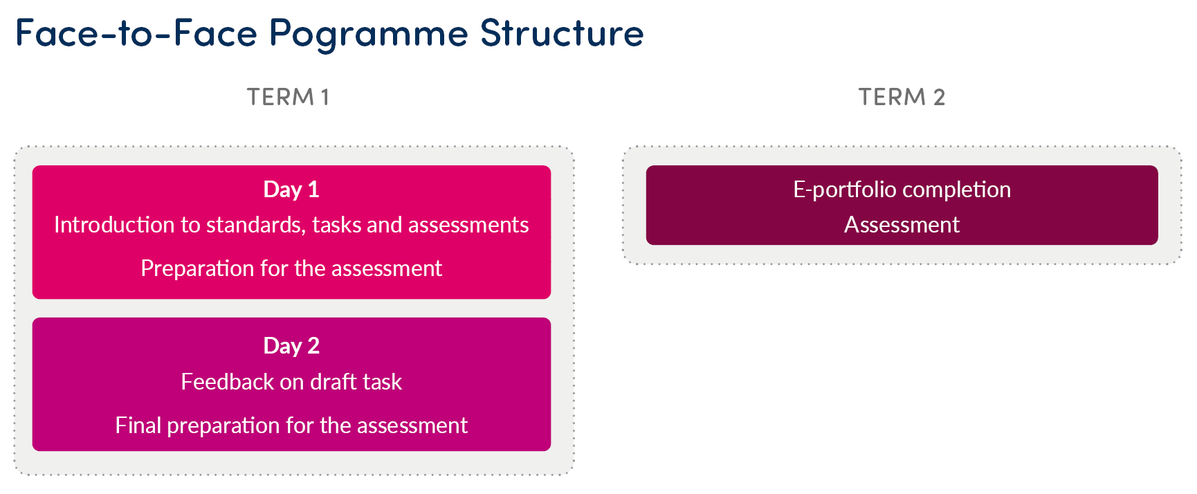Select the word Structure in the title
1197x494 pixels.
point(562,33)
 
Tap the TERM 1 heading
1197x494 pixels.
point(288,97)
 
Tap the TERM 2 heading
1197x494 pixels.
point(902,97)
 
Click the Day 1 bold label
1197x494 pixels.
point(291,190)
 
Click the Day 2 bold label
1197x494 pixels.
point(291,346)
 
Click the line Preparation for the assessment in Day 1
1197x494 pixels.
point(291,268)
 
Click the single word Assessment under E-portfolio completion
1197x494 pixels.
point(902,225)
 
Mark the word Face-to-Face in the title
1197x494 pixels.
point(136,33)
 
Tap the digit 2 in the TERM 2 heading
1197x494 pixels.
point(939,97)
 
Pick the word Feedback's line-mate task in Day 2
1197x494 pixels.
point(382,382)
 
